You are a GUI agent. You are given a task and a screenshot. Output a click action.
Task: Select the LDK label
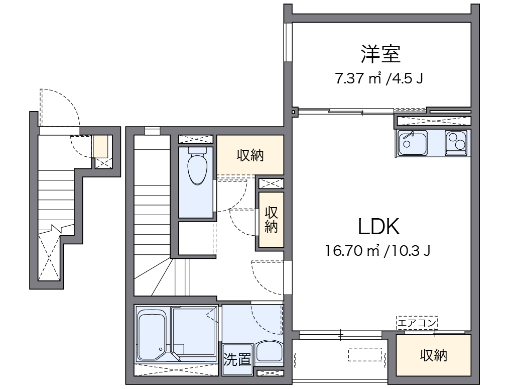click(379, 227)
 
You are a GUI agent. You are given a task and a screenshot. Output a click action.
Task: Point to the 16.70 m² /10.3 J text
click(377, 250)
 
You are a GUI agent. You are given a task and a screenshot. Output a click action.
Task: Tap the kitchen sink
click(412, 143)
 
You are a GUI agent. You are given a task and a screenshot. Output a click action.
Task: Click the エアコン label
click(417, 322)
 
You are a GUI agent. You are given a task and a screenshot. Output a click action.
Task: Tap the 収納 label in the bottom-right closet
click(433, 356)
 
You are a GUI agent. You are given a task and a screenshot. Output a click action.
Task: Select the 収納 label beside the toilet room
click(250, 156)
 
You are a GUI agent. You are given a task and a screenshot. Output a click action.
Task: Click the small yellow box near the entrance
click(99, 146)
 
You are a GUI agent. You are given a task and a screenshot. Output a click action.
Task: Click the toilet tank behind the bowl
click(197, 150)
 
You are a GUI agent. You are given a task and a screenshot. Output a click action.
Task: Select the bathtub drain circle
click(160, 349)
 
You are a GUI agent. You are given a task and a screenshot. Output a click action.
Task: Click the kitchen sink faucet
click(409, 135)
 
